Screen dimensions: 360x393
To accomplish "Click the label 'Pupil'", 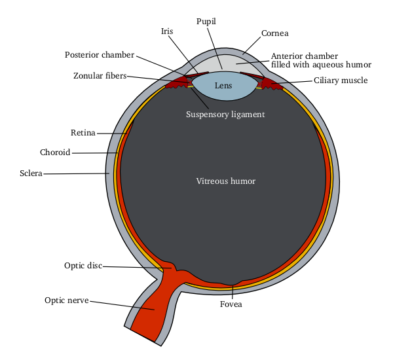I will [206, 22].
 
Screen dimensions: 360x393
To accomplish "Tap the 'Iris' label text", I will [167, 31].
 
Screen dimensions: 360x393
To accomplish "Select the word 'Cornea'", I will [274, 33].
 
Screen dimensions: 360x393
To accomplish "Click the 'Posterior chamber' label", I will [100, 54].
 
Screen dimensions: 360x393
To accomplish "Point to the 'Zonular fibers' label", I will [100, 76].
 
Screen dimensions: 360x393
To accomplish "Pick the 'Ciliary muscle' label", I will [340, 81].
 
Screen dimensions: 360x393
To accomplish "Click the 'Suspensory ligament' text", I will [225, 114].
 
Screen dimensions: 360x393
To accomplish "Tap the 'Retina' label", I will [83, 133].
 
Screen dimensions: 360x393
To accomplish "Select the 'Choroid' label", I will [55, 153].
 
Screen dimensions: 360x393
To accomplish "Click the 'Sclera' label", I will [31, 173].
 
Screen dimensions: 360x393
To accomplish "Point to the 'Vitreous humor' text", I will [226, 181].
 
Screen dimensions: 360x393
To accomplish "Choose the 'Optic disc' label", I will [83, 266].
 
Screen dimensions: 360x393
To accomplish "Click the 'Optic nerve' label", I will [66, 300].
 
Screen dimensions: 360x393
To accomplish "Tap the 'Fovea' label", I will [231, 304].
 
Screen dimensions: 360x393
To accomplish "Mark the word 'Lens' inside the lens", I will [223, 86].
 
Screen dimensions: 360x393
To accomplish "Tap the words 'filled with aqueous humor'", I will [321, 65].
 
